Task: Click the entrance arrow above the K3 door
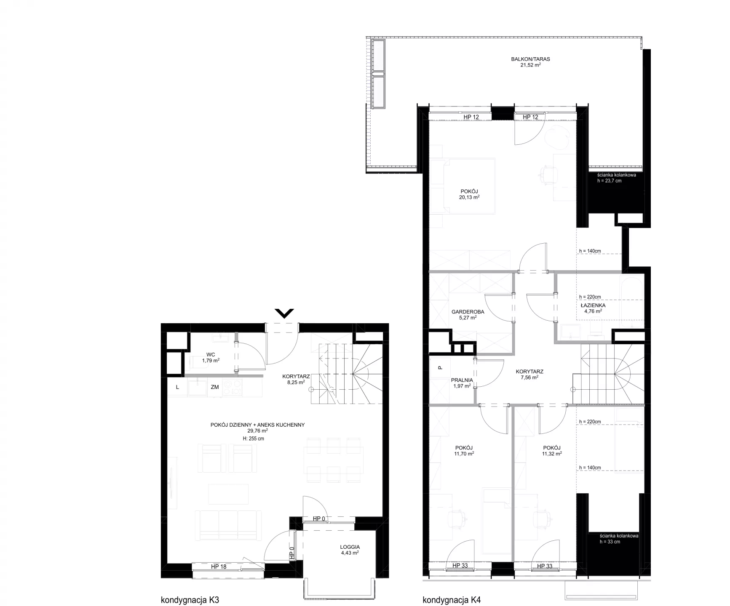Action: pyautogui.click(x=284, y=313)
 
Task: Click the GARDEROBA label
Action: pyautogui.click(x=468, y=312)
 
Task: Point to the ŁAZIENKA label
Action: pyautogui.click(x=593, y=305)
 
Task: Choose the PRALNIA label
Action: pyautogui.click(x=462, y=380)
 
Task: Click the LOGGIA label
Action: pyautogui.click(x=350, y=547)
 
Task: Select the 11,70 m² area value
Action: pyautogui.click(x=463, y=454)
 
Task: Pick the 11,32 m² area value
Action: pyautogui.click(x=552, y=454)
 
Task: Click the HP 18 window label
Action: pyautogui.click(x=219, y=566)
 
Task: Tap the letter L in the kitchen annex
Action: pyautogui.click(x=177, y=387)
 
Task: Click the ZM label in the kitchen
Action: pyautogui.click(x=215, y=387)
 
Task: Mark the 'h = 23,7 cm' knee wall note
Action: pyautogui.click(x=609, y=181)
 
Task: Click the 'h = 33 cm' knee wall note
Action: pyautogui.click(x=610, y=542)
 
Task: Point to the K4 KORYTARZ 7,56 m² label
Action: pyautogui.click(x=529, y=375)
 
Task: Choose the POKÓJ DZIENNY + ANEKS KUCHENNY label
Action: pyautogui.click(x=257, y=425)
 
